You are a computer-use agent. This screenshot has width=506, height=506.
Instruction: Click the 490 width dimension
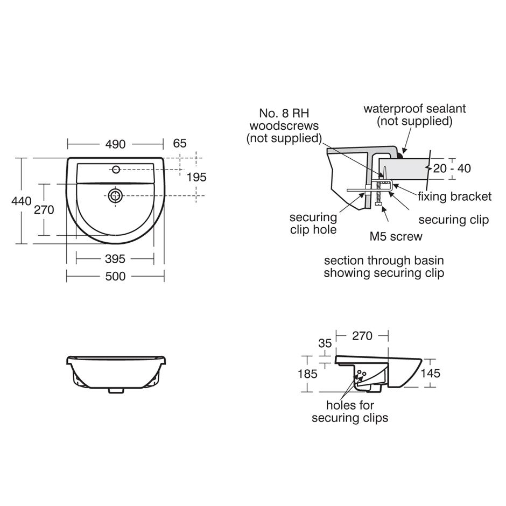coord(115,144)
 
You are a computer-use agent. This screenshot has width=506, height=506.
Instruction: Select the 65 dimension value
coord(180,143)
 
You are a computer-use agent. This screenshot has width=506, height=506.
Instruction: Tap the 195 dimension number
coord(196,177)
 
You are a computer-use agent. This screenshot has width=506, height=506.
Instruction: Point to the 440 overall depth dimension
coord(21,201)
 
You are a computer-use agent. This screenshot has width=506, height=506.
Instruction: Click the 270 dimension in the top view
coord(44,209)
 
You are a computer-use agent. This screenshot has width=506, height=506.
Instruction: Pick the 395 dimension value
coord(115,259)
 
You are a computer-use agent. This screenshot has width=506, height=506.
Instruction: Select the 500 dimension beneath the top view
coord(115,276)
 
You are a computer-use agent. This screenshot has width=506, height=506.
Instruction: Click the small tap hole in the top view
coord(115,170)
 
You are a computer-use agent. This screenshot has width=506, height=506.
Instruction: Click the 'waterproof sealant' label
coord(414,115)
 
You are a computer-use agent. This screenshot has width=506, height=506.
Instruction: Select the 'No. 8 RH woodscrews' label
coord(289,125)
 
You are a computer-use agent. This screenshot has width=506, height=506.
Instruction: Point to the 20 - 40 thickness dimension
coord(452,168)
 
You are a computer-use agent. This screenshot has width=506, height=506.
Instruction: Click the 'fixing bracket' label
coord(455,196)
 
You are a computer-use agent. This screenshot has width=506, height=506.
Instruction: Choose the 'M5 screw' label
coord(396,236)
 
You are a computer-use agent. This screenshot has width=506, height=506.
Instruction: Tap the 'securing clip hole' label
coord(313,223)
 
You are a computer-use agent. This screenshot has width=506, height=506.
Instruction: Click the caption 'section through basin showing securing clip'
coord(383,267)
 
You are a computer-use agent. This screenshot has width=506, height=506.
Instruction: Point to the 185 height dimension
coord(307,373)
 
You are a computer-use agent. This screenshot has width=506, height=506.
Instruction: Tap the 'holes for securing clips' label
coord(349,412)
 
